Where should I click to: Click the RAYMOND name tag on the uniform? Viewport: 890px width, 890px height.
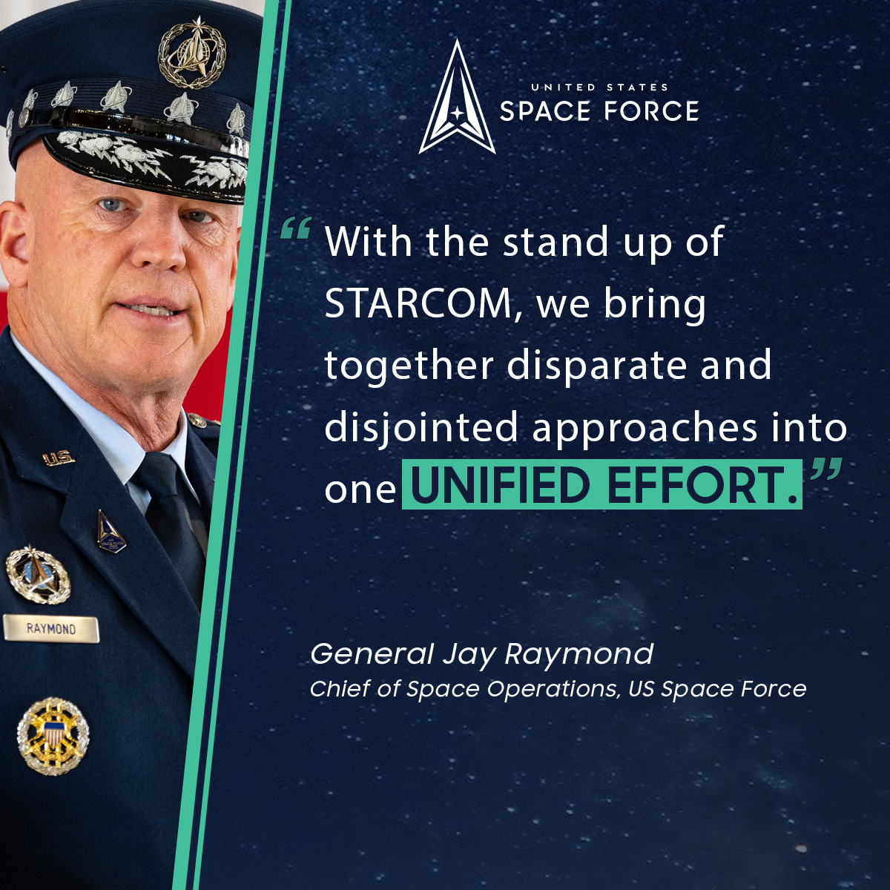(51, 629)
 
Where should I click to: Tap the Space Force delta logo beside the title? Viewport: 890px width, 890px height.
(457, 97)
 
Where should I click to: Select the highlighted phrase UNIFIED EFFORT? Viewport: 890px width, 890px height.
(602, 485)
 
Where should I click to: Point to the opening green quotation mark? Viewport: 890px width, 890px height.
(296, 228)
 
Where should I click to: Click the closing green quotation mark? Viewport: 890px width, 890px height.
(826, 469)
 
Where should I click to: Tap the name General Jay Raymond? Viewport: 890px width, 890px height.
(482, 655)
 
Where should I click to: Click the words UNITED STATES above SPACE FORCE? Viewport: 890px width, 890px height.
(599, 87)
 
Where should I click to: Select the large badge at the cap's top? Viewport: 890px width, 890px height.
(192, 53)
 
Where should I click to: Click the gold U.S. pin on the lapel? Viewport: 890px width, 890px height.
(59, 458)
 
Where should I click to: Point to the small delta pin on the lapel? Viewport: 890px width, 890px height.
(111, 532)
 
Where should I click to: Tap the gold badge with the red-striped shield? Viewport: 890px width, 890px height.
(53, 736)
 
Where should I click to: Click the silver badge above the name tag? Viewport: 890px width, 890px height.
(38, 575)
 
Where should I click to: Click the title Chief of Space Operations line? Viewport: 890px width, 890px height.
(558, 690)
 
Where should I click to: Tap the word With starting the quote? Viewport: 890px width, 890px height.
(368, 242)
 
